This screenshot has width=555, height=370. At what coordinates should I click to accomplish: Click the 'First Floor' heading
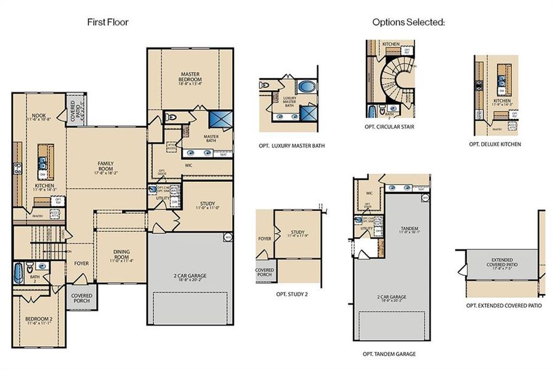107,22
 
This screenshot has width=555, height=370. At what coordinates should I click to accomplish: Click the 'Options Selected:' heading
408,22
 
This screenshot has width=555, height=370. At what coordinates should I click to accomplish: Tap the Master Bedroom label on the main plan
190,79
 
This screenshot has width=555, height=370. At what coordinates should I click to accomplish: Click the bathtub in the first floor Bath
18,271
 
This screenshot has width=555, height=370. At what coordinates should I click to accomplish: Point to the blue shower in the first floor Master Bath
220,119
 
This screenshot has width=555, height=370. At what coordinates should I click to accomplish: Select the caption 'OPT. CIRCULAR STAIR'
389,127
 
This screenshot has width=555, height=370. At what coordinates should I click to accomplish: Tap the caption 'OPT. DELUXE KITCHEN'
495,144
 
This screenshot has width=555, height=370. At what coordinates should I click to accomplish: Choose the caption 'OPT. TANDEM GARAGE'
389,354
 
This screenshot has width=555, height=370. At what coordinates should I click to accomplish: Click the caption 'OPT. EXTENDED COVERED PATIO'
504,305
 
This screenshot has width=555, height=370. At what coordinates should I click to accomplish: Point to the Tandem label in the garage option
405,229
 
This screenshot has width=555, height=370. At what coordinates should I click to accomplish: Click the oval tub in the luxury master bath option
306,86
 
